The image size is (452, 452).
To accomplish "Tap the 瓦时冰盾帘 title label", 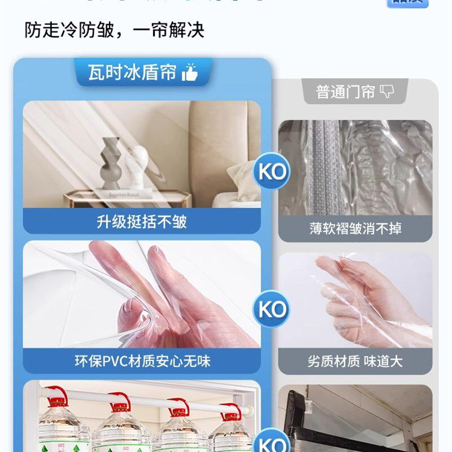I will tap(132, 72).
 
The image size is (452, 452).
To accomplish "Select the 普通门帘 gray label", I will tap(345, 92).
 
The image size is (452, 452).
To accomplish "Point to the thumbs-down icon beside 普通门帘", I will tap(386, 92).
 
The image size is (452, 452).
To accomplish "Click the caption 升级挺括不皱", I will tap(141, 221).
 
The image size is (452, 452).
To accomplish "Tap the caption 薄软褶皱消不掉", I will tap(355, 229).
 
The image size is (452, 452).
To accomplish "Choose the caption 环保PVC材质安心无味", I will tap(141, 360).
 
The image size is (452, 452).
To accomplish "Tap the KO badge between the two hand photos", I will tap(272, 309).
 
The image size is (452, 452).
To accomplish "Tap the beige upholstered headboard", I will tap(220, 147).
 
